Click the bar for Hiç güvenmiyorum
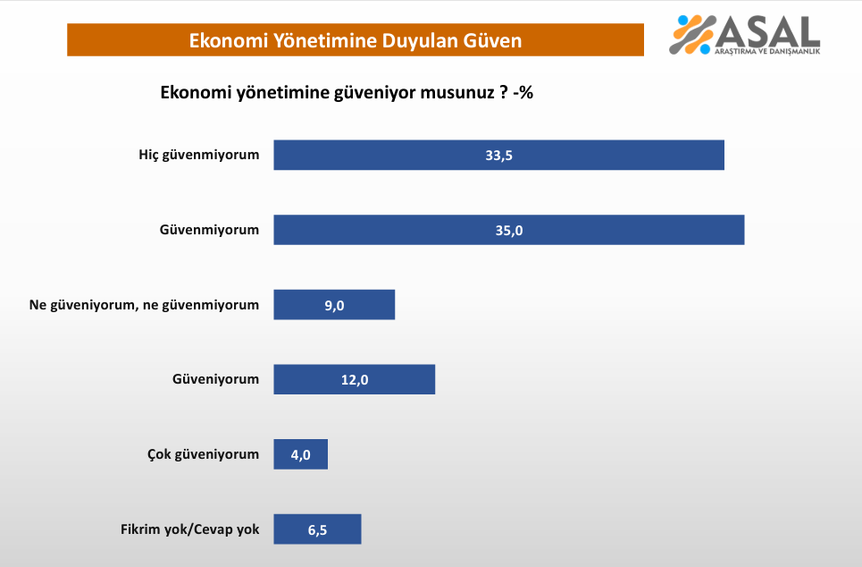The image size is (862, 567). (498, 155)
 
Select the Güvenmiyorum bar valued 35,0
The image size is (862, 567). (509, 230)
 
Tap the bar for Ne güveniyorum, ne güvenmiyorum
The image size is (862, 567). (334, 304)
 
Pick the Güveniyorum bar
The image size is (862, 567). (355, 379)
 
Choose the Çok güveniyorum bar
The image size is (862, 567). (301, 454)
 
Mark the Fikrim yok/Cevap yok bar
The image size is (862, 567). (318, 529)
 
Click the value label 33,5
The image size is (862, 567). (498, 156)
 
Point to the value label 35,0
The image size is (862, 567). (509, 231)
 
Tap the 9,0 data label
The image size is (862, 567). (334, 306)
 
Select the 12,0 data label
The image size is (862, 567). (355, 380)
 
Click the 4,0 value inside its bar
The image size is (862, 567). (301, 455)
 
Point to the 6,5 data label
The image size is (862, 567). (318, 530)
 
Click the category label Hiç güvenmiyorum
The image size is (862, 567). (199, 155)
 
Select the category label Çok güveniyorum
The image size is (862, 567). (203, 454)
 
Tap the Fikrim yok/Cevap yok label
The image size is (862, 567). (190, 529)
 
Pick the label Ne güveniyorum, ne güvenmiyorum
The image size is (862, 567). (144, 305)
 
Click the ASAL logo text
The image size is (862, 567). (767, 32)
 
